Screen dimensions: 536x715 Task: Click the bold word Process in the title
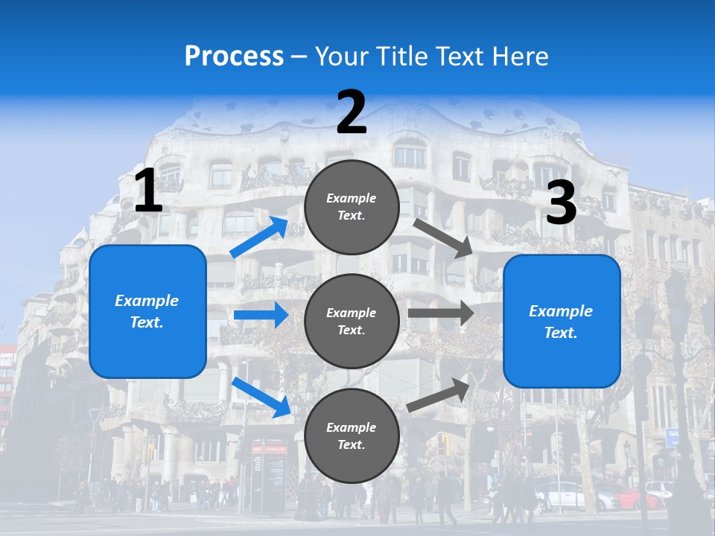[x=234, y=56]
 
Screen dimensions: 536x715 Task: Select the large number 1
[x=148, y=191]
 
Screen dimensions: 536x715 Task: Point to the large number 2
[x=352, y=112]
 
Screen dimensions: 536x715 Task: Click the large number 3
[x=561, y=202]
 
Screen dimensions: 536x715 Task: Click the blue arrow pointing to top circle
[x=259, y=237]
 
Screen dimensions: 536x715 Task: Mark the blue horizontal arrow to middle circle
[x=261, y=315]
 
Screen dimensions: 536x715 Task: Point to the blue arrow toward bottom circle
[x=261, y=397]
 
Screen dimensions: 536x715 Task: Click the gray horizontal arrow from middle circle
[x=441, y=313]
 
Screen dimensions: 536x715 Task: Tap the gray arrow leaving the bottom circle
[x=439, y=395]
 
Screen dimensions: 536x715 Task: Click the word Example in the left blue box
[x=147, y=301]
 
